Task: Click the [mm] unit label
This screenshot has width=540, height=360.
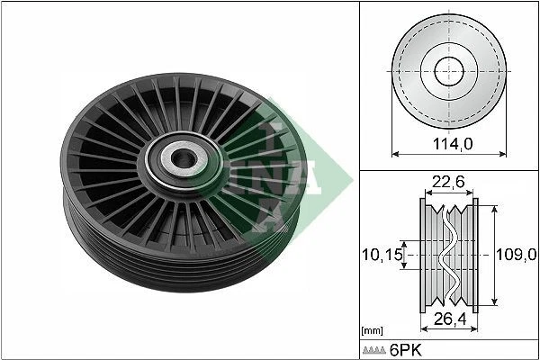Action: click(370, 331)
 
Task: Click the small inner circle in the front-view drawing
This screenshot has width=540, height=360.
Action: click(447, 71)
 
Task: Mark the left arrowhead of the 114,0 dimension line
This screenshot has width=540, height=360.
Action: click(393, 128)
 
